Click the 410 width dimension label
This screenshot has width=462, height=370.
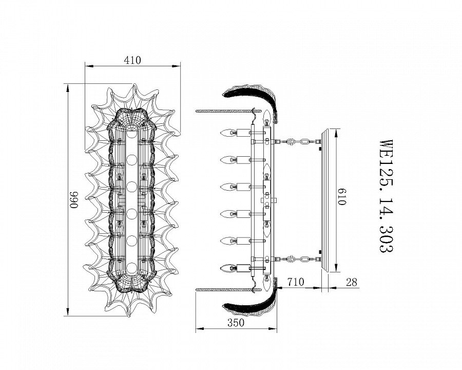point(132,60)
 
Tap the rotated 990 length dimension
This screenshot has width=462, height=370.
point(74,200)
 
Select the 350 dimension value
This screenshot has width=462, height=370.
point(236,323)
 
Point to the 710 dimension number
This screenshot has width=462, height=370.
point(296,282)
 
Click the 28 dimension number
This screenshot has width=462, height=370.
point(352,282)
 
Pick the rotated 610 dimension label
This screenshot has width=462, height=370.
point(341,196)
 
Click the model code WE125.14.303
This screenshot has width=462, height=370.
point(386,196)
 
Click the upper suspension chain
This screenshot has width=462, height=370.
point(298,142)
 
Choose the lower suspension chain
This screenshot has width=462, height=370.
point(298,260)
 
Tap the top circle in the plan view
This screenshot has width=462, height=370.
point(132,134)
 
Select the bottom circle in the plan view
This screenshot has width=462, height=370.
point(132,268)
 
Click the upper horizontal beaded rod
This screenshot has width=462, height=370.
point(228,111)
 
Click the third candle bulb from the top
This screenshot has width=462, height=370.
point(228,187)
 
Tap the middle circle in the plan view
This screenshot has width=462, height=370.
point(132,187)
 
